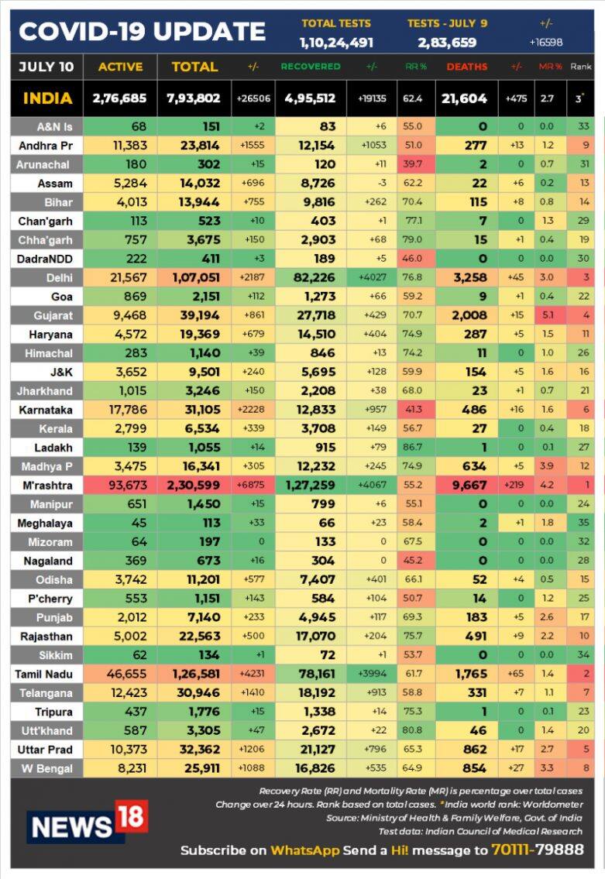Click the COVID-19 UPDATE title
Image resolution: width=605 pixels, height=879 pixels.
click(142, 31)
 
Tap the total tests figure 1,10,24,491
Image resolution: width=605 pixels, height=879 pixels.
click(336, 43)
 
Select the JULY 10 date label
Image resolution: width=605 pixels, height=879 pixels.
click(46, 67)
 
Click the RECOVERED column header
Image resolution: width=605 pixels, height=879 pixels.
click(311, 67)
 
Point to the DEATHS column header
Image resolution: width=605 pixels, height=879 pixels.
click(467, 67)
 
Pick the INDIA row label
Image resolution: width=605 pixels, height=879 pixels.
click(47, 98)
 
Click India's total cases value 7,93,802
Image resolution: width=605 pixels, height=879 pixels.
click(194, 98)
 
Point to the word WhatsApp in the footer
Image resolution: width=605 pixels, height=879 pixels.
click(304, 850)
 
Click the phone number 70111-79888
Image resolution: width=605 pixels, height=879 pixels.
click(537, 850)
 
